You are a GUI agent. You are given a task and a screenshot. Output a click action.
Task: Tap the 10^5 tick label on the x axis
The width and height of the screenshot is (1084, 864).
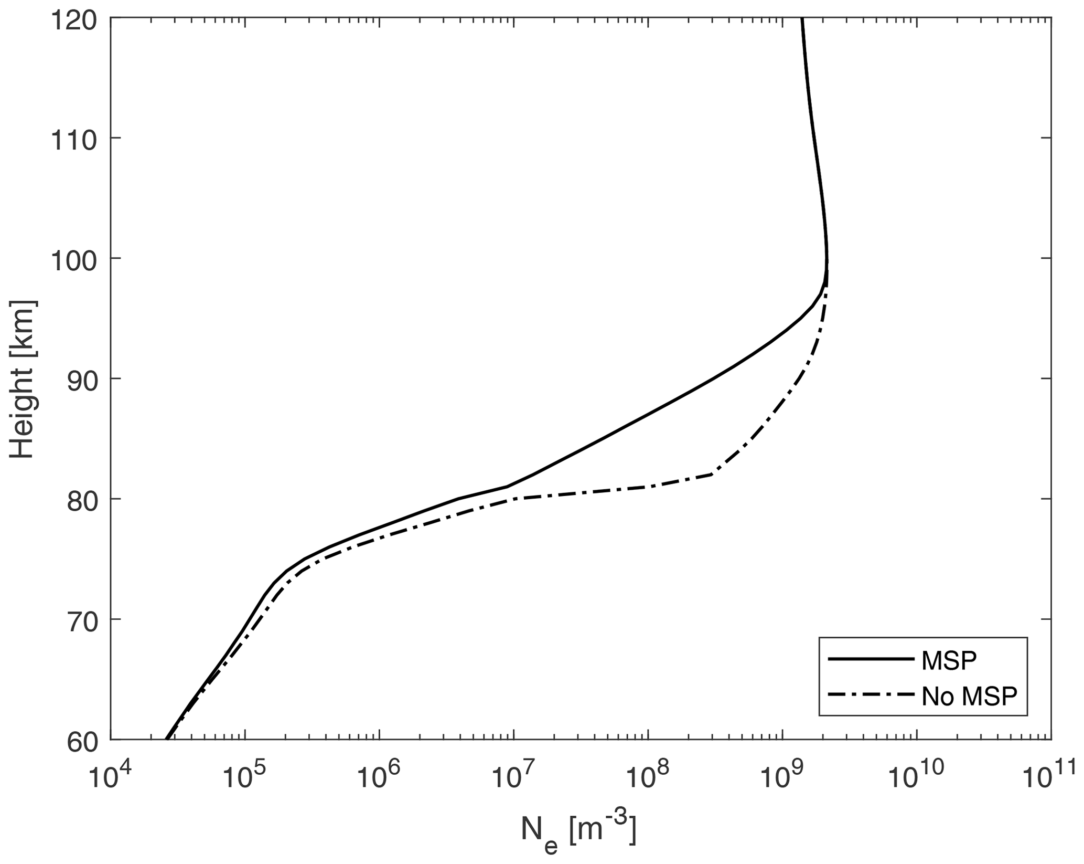coord(244,776)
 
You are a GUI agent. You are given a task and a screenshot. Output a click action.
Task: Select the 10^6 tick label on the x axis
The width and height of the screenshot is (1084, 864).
coord(378,776)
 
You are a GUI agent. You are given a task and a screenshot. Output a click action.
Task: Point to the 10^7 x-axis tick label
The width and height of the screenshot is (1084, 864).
coord(513,776)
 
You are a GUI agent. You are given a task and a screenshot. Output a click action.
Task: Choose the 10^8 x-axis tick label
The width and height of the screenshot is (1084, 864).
coord(647,776)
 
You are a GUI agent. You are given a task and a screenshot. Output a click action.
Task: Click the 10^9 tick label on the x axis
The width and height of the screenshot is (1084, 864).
coord(782,776)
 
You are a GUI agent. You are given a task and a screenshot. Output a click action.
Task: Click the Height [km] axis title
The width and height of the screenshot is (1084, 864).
coord(23,379)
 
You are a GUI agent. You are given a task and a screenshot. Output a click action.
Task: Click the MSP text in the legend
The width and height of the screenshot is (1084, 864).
coord(949,661)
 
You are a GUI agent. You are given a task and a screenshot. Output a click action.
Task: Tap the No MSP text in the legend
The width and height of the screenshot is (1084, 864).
coord(969,696)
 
